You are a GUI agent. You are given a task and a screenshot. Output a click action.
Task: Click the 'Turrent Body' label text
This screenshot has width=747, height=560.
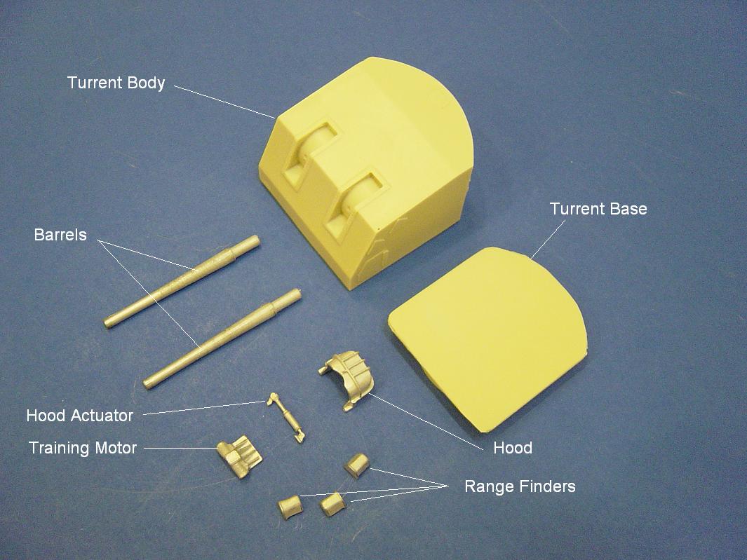click(x=116, y=83)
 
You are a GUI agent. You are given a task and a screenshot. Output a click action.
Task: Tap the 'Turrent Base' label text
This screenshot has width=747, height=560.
click(x=598, y=209)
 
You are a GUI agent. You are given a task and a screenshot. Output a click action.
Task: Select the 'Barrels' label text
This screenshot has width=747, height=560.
click(x=60, y=234)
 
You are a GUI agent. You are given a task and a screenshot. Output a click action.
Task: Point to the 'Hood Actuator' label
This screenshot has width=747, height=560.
click(x=79, y=415)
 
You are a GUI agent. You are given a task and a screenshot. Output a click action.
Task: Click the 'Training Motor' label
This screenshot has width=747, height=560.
click(x=83, y=448)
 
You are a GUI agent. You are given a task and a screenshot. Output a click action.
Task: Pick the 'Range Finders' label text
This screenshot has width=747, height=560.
click(x=520, y=486)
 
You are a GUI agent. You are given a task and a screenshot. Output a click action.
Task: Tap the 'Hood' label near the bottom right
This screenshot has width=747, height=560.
click(x=513, y=448)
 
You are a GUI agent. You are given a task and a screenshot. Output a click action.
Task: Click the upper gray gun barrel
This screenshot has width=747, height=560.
click(x=182, y=281)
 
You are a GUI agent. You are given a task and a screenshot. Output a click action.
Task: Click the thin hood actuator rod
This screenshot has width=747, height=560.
click(x=286, y=417)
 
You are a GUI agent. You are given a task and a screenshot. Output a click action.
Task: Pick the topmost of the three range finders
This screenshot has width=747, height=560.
click(x=357, y=465)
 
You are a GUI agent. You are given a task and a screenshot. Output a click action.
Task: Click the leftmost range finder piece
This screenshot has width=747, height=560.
click(x=290, y=507)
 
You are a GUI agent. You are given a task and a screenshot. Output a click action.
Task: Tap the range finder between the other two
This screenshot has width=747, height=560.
click(x=332, y=505)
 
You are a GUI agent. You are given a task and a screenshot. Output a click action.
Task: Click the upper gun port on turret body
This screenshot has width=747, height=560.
click(x=311, y=155)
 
